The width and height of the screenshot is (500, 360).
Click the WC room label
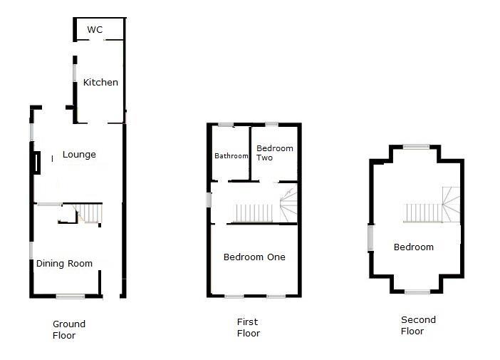point(95,30)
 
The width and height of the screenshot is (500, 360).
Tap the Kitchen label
point(100,83)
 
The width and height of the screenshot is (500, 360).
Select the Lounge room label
point(79,155)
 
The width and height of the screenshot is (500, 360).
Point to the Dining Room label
point(65,264)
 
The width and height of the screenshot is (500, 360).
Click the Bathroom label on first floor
point(231,156)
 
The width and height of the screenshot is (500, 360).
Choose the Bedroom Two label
point(275,153)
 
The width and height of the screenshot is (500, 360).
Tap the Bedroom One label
point(254,257)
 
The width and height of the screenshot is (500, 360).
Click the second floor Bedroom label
point(414,247)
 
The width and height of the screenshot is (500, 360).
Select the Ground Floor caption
point(68,329)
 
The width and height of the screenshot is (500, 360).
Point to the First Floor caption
point(248,327)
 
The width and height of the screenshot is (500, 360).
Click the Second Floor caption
point(418,325)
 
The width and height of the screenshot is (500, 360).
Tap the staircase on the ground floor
point(90,212)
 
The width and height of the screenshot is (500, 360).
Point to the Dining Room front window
point(71,296)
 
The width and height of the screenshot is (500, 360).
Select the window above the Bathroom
point(226,125)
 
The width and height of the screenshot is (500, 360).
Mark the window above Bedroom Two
point(271,125)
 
